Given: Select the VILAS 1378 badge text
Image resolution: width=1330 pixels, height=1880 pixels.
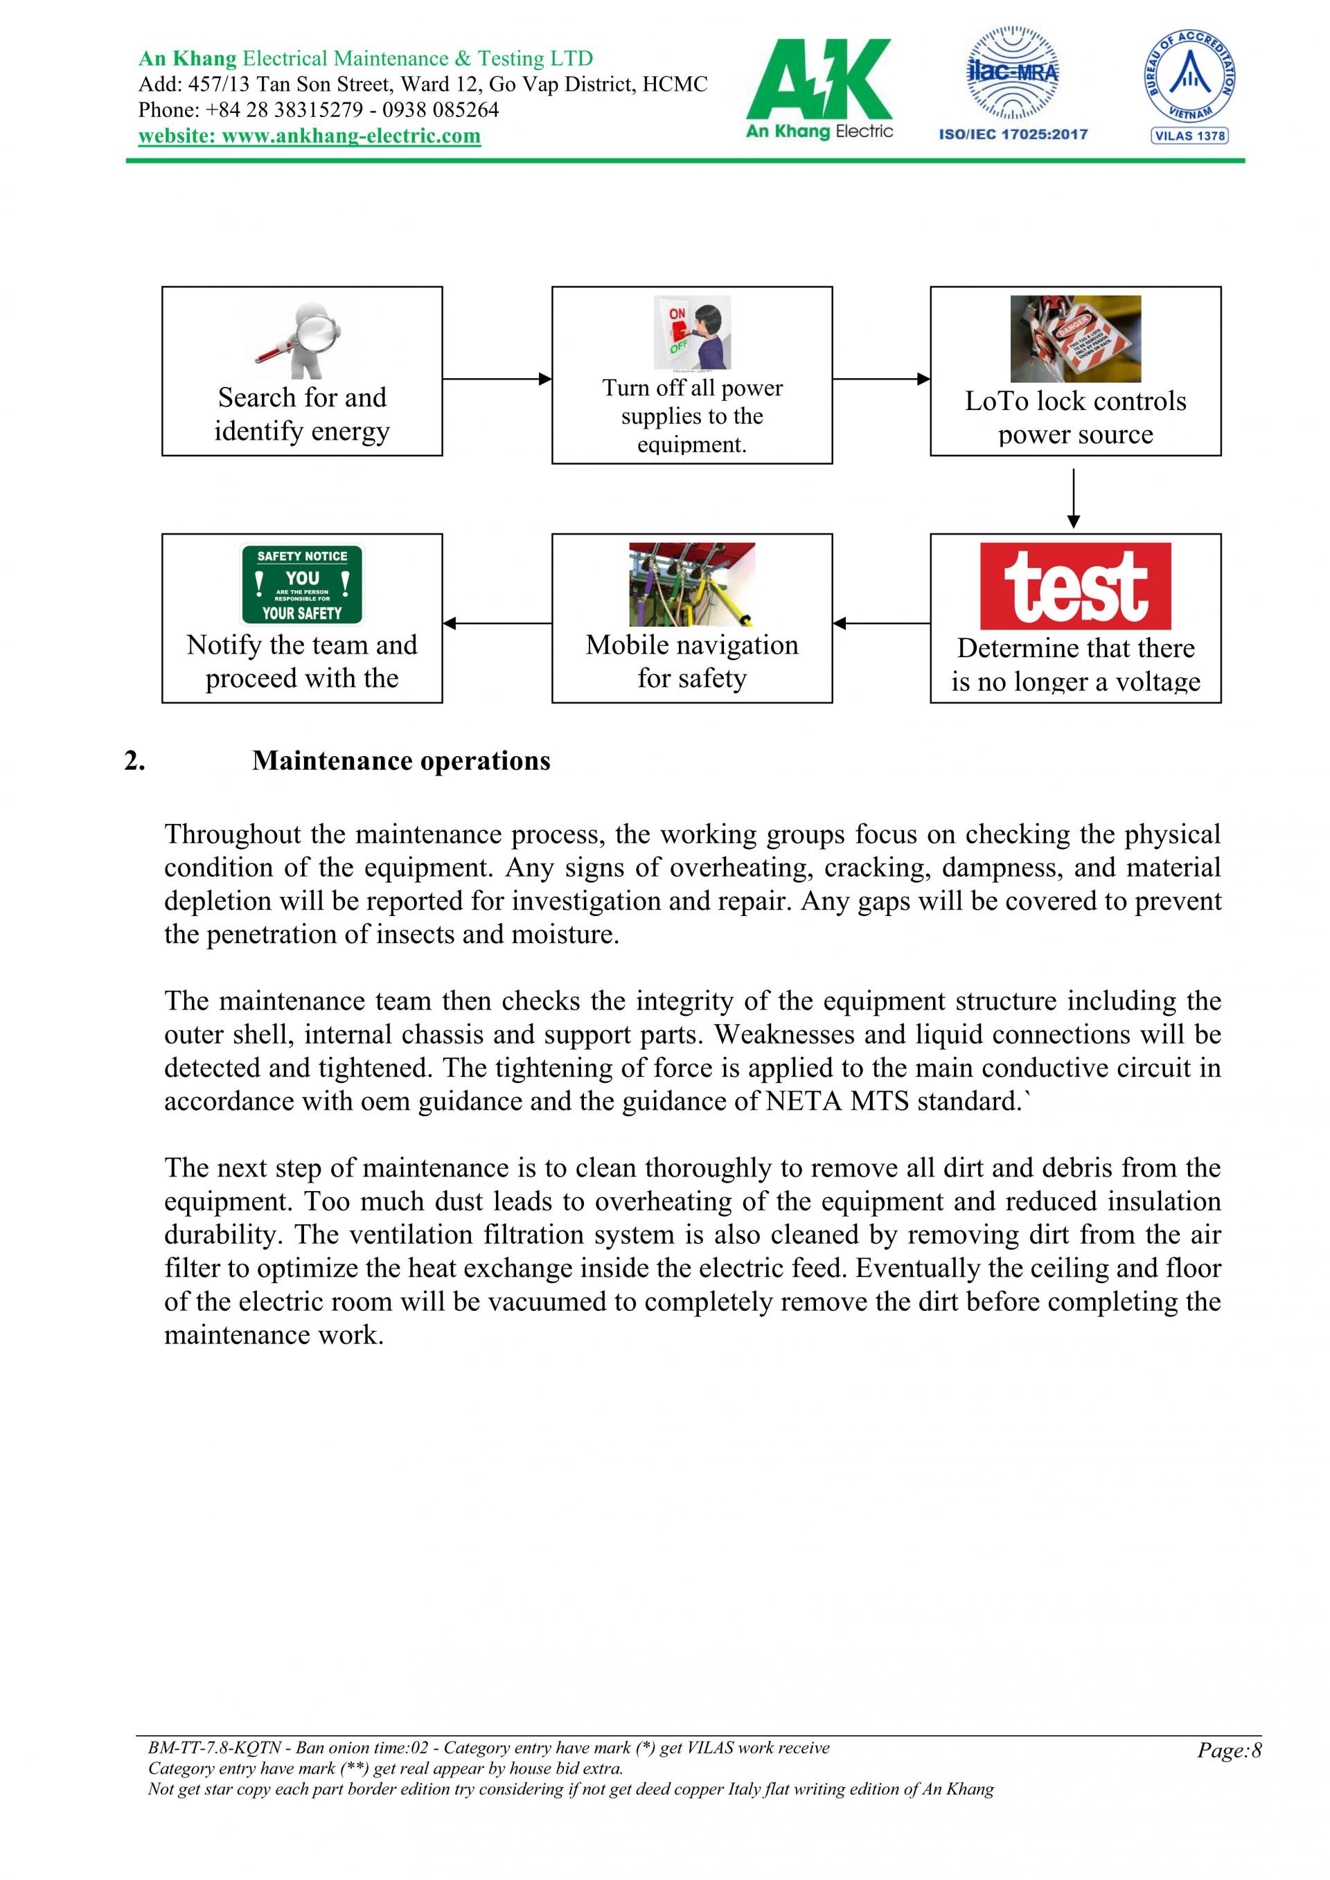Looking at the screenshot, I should pyautogui.click(x=1189, y=136).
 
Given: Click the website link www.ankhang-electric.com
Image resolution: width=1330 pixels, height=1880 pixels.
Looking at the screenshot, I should pyautogui.click(x=309, y=136).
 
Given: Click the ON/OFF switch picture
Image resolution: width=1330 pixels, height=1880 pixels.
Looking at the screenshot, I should pyautogui.click(x=692, y=333).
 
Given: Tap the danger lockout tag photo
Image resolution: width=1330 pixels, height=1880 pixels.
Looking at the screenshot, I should pyautogui.click(x=1075, y=339).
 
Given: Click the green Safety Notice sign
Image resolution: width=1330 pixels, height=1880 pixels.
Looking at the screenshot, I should pyautogui.click(x=302, y=584).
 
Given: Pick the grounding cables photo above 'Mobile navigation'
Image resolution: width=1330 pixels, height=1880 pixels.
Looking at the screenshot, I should pyautogui.click(x=692, y=584).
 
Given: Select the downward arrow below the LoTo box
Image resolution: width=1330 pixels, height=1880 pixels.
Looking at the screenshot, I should pyautogui.click(x=1074, y=499).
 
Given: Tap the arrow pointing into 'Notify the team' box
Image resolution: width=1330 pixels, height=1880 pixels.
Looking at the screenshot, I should pyautogui.click(x=496, y=624).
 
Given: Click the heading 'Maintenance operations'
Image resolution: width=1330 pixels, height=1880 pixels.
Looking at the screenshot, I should pyautogui.click(x=401, y=761).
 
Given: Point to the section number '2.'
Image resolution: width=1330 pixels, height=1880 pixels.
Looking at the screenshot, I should pyautogui.click(x=135, y=761).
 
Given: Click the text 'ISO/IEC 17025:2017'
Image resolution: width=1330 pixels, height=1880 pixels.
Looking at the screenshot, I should pyautogui.click(x=1013, y=134).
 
